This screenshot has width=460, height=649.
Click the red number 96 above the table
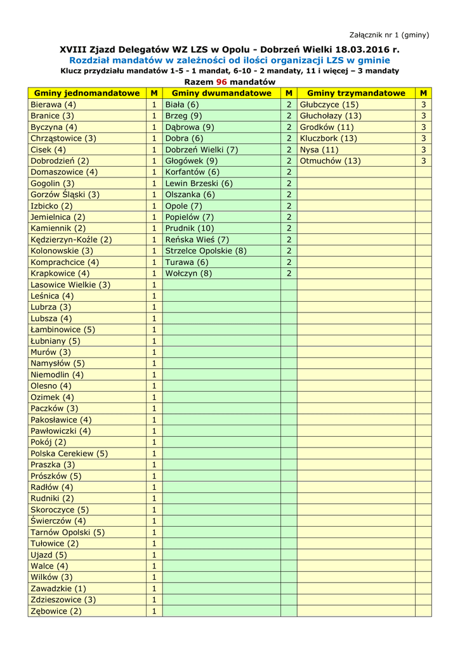[x=221, y=82]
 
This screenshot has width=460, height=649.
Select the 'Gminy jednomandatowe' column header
[x=87, y=93]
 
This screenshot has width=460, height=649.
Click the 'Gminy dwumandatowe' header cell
[x=221, y=93]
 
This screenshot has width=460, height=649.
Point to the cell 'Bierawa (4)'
[x=53, y=105]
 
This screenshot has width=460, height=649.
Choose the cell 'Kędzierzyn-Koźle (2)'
[x=71, y=240]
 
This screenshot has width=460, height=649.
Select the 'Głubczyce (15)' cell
[x=329, y=105]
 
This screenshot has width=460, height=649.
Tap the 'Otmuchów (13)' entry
[x=330, y=161]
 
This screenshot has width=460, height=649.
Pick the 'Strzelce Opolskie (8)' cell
[x=206, y=251]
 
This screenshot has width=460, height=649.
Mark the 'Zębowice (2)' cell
[x=56, y=611]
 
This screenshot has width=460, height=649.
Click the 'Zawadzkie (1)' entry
[x=58, y=588]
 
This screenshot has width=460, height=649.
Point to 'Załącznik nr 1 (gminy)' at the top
[x=390, y=35]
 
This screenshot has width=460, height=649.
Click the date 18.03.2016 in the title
[x=363, y=49]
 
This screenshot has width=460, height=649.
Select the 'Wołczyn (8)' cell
[x=188, y=273]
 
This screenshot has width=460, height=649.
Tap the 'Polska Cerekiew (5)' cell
[x=69, y=453]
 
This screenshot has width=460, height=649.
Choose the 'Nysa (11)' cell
[x=319, y=150]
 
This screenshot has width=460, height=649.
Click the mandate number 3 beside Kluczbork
[x=423, y=138]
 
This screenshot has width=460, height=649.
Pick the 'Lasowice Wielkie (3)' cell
[x=70, y=285]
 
